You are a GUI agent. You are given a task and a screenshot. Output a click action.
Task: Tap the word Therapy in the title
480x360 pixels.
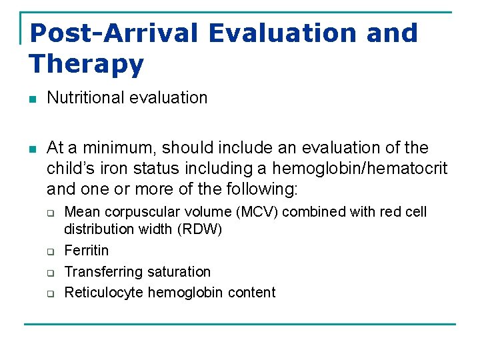pos(87,64)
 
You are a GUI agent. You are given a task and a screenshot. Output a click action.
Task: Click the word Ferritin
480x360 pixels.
pos(86,251)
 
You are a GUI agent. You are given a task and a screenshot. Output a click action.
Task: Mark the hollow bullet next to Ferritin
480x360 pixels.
pos(49,251)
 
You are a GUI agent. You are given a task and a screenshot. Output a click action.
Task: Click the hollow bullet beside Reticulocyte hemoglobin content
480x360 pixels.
pos(49,293)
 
